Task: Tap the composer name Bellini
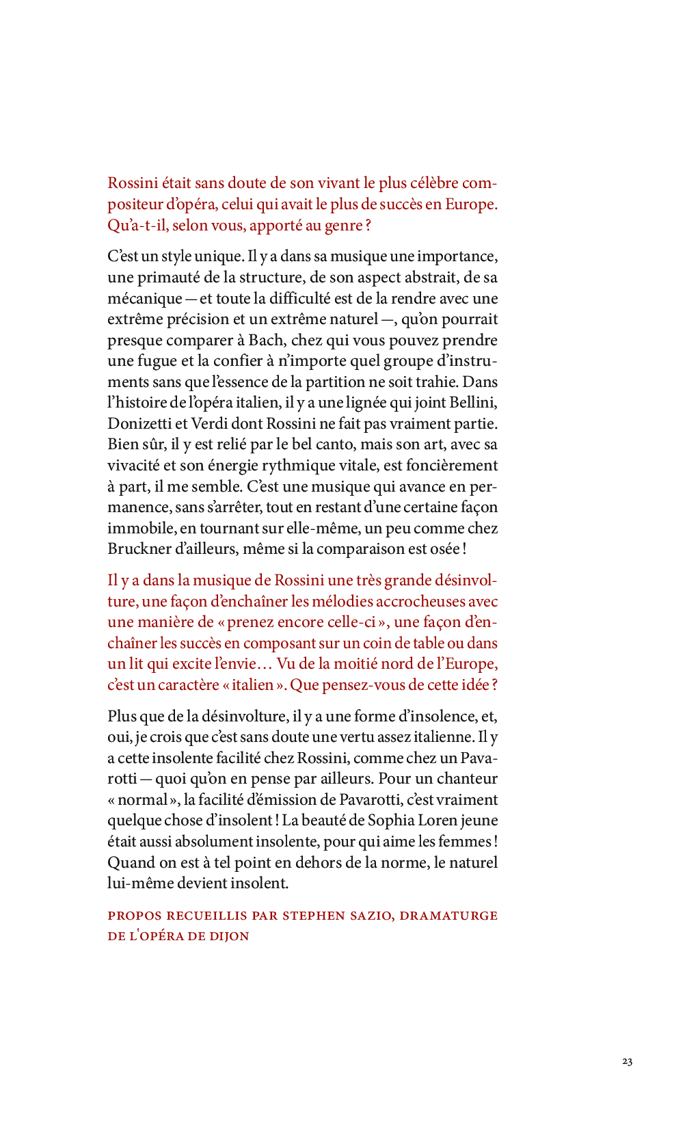coord(474,403)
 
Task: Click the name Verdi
coord(210,424)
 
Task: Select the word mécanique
coord(144,299)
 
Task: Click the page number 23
coord(627,1061)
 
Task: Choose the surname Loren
coord(439,821)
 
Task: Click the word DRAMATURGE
coord(448,916)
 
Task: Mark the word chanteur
coord(467,779)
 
